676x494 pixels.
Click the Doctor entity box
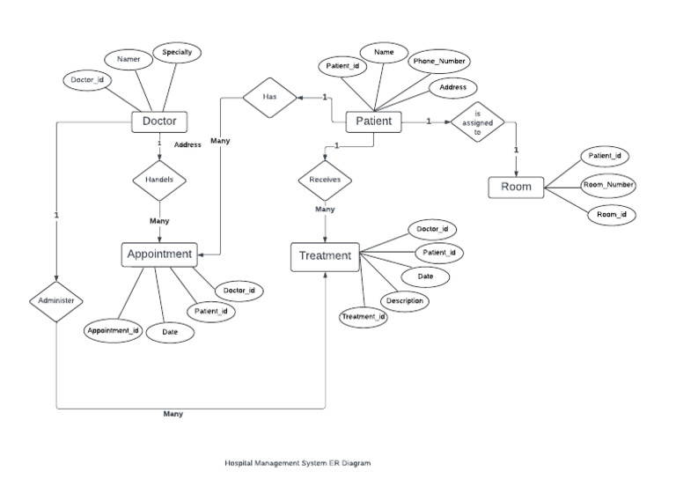159,121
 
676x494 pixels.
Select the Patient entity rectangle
373,122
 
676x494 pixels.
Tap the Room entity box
516,187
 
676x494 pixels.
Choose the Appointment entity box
159,254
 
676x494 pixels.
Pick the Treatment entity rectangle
325,256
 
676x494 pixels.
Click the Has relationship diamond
268,99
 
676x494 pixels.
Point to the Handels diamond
159,179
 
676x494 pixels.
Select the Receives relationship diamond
325,180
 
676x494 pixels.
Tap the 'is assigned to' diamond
478,122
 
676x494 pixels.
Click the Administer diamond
56,300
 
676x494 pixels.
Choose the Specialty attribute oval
177,53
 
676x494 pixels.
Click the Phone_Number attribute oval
440,61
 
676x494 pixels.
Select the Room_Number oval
608,185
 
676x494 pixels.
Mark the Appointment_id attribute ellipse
113,331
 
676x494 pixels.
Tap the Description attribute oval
407,301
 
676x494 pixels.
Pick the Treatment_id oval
364,317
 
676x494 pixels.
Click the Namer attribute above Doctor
129,59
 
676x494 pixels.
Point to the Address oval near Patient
452,88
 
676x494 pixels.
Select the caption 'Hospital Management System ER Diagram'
291,462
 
